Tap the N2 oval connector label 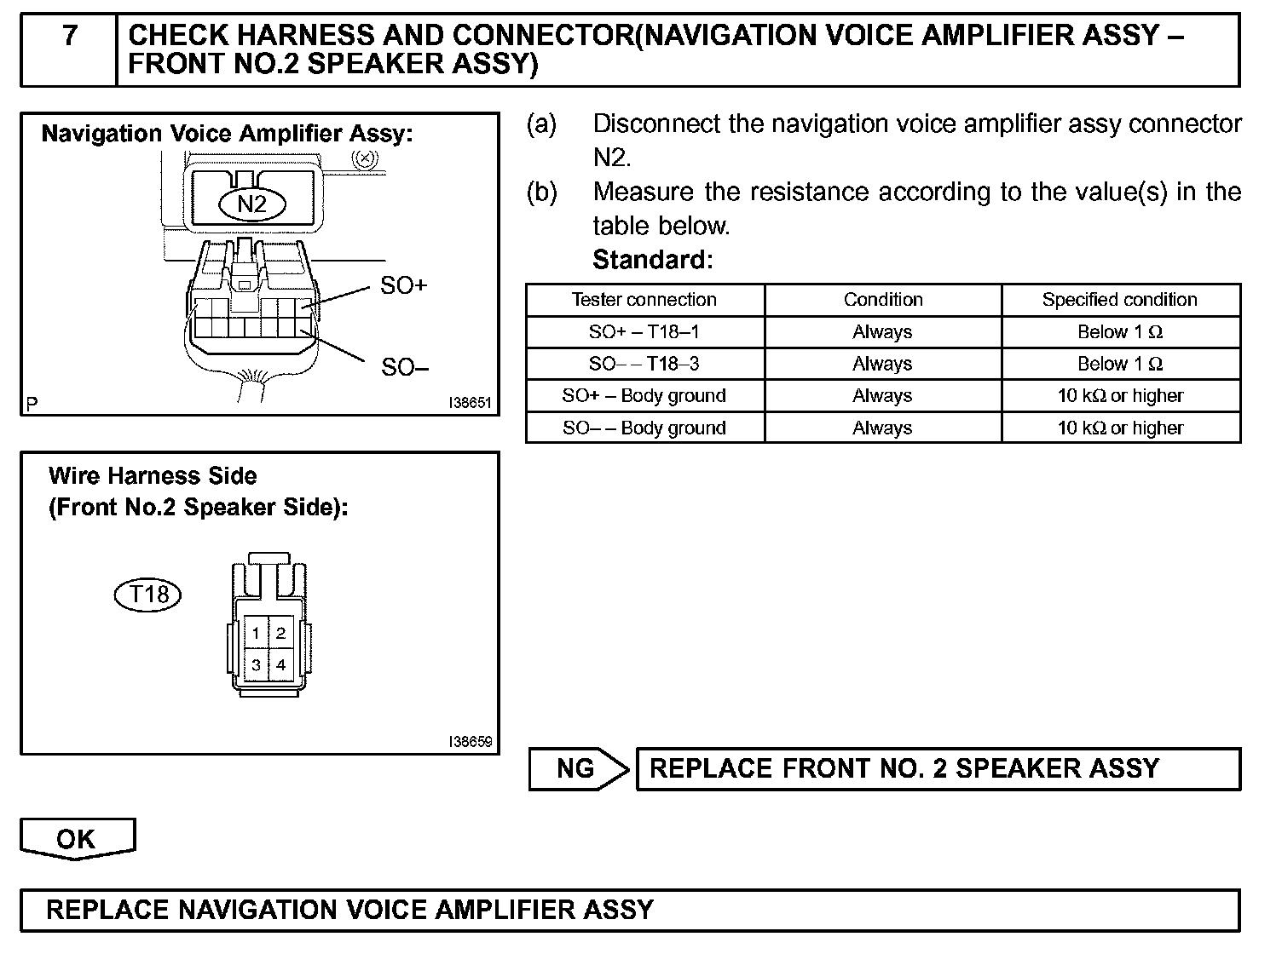[x=251, y=204]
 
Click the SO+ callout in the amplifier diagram [x=403, y=285]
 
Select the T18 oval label [x=147, y=594]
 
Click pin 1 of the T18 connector [x=256, y=633]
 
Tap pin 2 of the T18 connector [x=280, y=633]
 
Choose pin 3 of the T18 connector [x=256, y=664]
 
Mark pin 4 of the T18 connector [x=280, y=664]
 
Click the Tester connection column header [x=644, y=300]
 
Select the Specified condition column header [x=1120, y=300]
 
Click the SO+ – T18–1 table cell [x=644, y=332]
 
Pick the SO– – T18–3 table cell [x=644, y=364]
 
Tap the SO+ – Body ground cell [x=644, y=396]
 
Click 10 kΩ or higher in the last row [x=1120, y=428]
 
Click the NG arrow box [x=577, y=768]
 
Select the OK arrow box [x=77, y=839]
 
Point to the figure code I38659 [x=471, y=742]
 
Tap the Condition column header [x=883, y=300]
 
